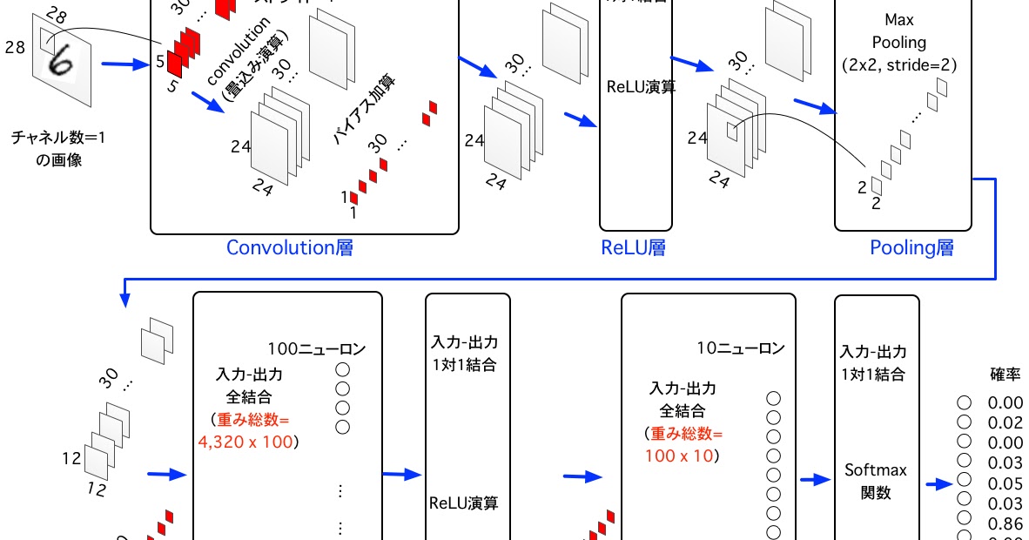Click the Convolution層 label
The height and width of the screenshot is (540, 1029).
[x=289, y=248]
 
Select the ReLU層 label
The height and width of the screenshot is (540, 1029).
[x=634, y=248]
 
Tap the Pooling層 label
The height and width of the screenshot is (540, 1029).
[x=911, y=248]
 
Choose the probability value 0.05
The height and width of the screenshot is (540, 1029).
[x=1005, y=484]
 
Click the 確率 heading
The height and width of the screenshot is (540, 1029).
[x=1005, y=375]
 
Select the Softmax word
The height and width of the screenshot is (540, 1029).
[x=876, y=470]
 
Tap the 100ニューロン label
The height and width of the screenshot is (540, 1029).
[x=316, y=349]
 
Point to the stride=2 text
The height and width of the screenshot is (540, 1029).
[x=922, y=64]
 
